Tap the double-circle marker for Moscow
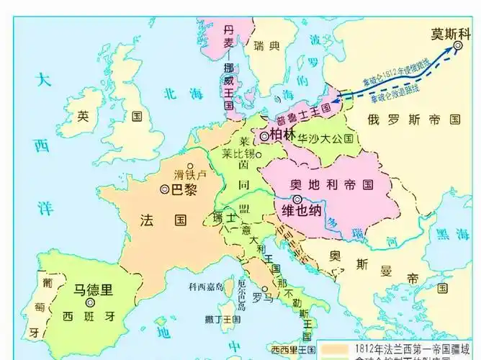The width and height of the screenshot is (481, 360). [458, 46]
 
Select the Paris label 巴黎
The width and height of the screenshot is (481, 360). [183, 189]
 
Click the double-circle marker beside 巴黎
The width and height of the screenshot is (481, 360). [165, 189]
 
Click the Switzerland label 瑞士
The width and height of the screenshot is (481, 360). [224, 217]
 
